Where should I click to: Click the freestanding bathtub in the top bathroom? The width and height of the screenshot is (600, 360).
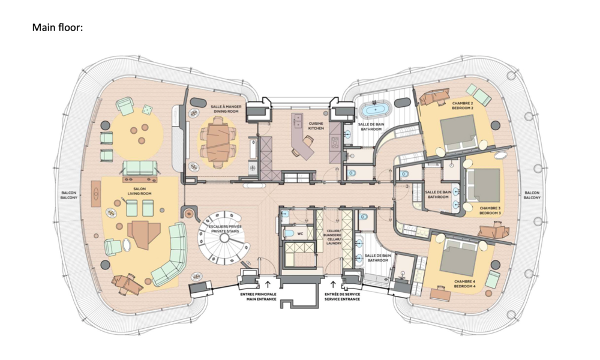[x=375, y=110]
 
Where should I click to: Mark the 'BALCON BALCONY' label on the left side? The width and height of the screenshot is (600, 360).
[x=69, y=194]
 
